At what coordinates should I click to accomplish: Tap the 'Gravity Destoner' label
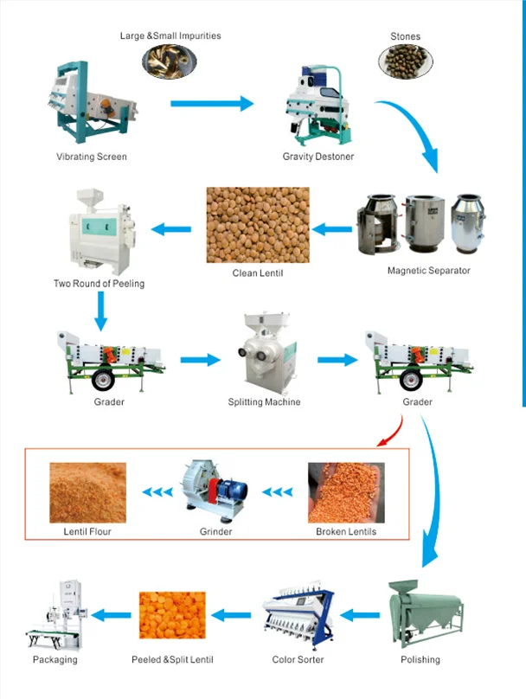click(x=318, y=157)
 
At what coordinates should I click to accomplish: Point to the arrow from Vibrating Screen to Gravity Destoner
click(x=212, y=104)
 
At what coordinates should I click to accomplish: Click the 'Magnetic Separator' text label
click(x=428, y=271)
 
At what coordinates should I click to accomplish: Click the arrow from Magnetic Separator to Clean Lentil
click(x=332, y=229)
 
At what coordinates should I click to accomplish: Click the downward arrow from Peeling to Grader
click(x=101, y=310)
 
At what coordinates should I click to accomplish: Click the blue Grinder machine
click(x=215, y=491)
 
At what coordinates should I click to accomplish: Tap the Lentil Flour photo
click(x=87, y=491)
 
